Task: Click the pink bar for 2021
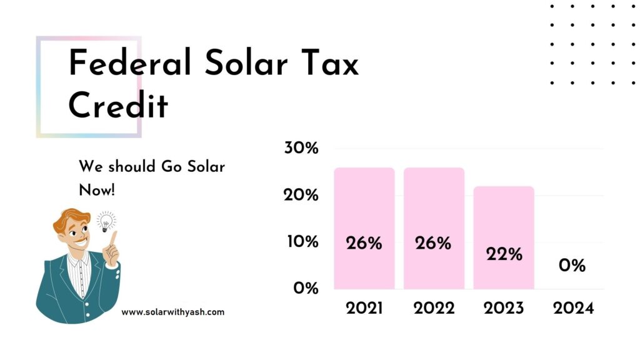[364, 206]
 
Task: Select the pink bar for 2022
[433, 206]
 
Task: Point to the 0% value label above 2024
[572, 266]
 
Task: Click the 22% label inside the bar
[504, 254]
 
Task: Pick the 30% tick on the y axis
[301, 149]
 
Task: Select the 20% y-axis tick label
[301, 196]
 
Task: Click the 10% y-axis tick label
[301, 242]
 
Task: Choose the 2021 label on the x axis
[364, 309]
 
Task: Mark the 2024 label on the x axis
[572, 309]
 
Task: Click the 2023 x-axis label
[504, 309]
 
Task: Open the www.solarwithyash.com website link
[172, 312]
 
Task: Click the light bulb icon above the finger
[106, 221]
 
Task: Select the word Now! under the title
[97, 190]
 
